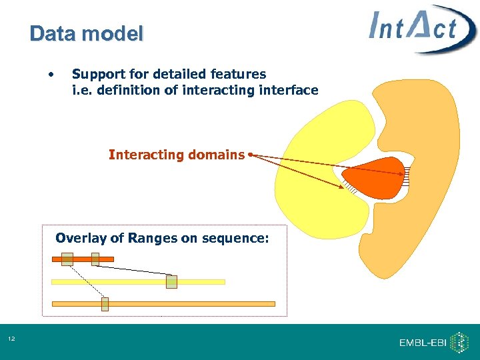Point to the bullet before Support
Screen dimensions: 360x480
pos(51,75)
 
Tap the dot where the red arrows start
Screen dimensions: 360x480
pos(249,155)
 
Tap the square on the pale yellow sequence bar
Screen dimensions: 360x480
pos(171,282)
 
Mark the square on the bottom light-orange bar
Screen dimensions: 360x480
pos(105,304)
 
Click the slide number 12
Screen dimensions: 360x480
pos(11,340)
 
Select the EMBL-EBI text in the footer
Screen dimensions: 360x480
pos(423,343)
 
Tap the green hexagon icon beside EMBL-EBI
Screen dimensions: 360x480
pos(459,342)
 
